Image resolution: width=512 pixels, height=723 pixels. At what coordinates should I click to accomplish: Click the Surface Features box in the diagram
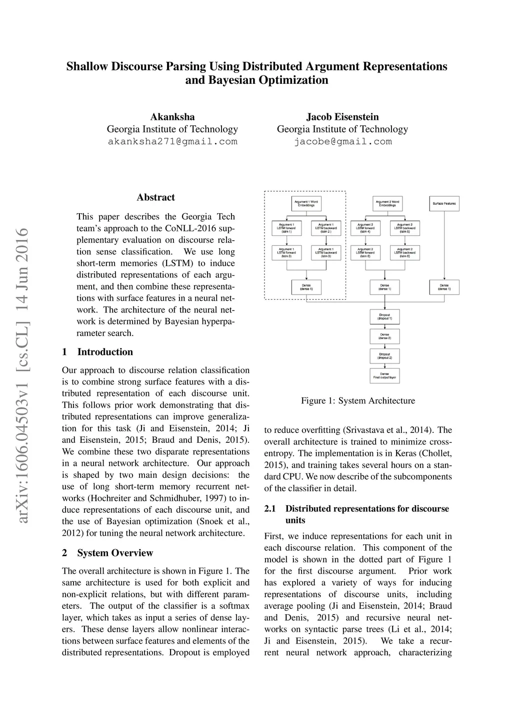pos(444,204)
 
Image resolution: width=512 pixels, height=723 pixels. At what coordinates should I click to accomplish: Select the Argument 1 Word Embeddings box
pos(306,203)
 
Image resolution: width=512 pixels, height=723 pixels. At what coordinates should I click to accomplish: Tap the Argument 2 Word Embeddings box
pos(387,203)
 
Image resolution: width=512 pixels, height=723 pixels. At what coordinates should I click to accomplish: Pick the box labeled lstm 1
pos(286,228)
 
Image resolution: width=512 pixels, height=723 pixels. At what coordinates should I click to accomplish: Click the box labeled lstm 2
pos(326,228)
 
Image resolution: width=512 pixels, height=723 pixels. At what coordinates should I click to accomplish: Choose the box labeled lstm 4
pos(364,228)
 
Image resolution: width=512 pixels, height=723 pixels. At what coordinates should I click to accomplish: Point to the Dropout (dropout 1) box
pos(384,317)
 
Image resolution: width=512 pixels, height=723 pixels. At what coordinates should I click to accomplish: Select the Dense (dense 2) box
pos(384,336)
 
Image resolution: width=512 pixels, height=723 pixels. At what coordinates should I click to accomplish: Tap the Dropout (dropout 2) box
pos(384,356)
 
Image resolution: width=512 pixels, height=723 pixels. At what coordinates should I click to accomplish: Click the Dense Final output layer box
pos(384,375)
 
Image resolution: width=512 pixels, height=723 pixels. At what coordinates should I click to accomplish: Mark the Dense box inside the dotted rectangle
pos(306,287)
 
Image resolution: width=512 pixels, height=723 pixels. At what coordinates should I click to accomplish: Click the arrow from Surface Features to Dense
pos(444,245)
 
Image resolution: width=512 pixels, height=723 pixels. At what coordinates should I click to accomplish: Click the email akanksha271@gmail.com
pos(172,142)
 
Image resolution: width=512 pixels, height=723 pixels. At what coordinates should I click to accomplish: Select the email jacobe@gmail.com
pos(342,142)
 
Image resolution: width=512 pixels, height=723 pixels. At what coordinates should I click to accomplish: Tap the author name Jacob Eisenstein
pos(342,117)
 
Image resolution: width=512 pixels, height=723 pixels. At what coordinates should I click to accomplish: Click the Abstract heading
pos(155,197)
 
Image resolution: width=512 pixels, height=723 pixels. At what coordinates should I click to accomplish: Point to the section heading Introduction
pos(105,352)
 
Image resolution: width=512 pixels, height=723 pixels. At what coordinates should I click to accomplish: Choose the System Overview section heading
pos(114,553)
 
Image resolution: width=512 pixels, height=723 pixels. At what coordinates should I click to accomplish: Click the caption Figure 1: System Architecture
pos(358,400)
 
